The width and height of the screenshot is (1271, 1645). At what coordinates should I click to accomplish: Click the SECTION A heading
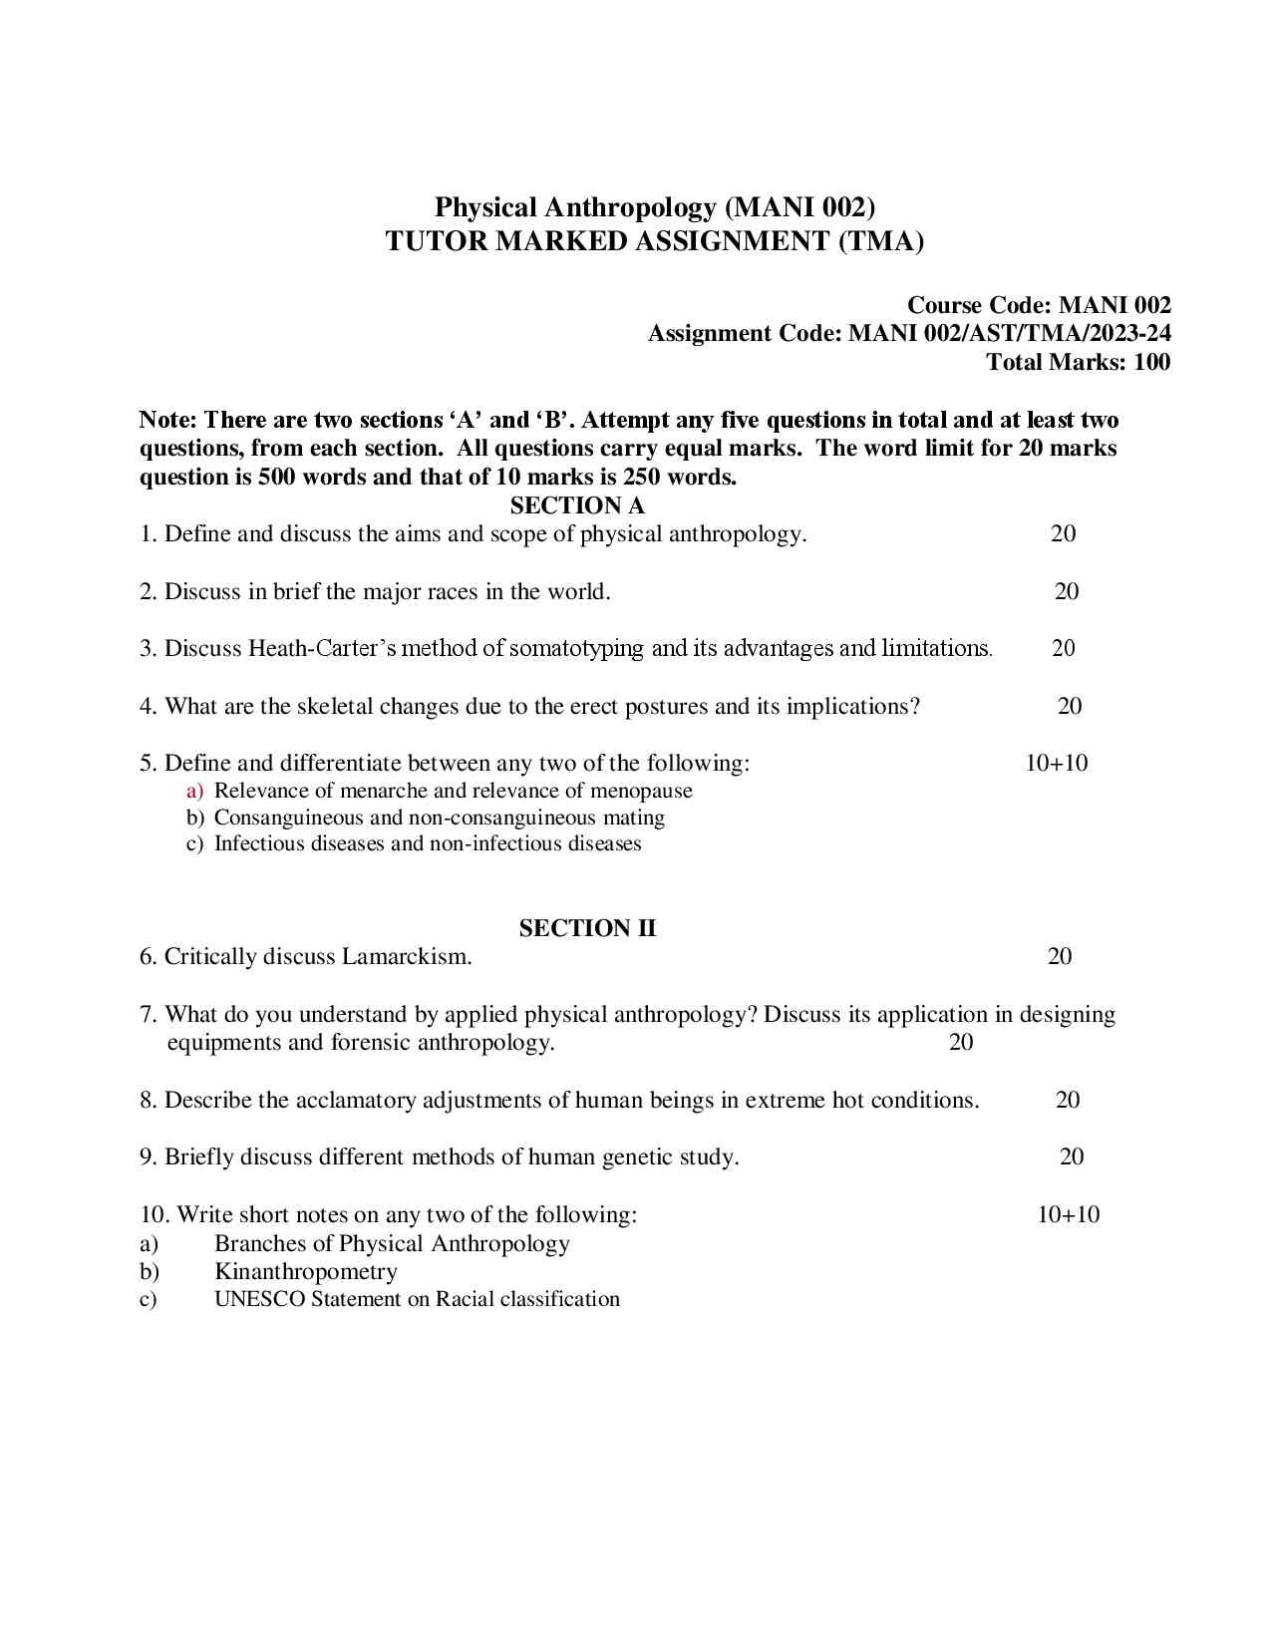[x=577, y=505]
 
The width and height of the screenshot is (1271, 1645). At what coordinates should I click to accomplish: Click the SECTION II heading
[x=587, y=928]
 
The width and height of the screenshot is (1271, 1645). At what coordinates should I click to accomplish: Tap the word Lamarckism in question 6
[x=406, y=957]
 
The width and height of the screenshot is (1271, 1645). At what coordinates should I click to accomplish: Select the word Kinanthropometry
[x=306, y=1272]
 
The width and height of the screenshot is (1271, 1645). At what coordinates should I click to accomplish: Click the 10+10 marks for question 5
[x=1057, y=764]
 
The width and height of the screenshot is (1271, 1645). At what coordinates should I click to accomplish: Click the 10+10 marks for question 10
[x=1069, y=1214]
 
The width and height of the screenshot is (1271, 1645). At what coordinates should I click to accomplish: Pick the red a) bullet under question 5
[x=194, y=792]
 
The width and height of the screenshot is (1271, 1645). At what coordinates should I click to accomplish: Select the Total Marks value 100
[x=1151, y=362]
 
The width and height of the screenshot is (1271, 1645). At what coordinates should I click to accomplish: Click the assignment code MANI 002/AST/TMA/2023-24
[x=1009, y=333]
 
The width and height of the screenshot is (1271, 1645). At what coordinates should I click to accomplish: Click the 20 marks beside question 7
[x=961, y=1043]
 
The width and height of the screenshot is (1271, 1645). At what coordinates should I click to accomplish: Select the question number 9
[x=148, y=1157]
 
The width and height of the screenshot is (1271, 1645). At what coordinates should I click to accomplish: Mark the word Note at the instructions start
[x=165, y=420]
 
